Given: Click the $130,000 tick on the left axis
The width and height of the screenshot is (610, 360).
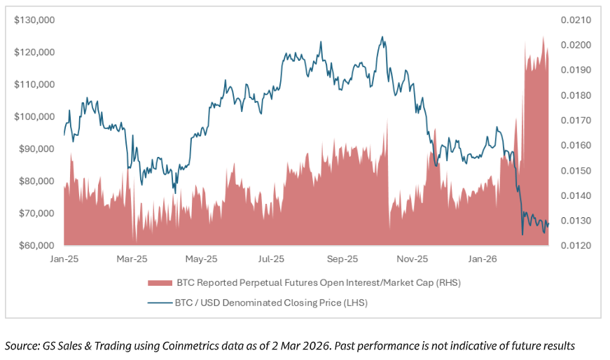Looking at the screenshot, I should click(x=34, y=20).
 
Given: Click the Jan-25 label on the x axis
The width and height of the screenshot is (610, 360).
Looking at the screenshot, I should click(x=64, y=259).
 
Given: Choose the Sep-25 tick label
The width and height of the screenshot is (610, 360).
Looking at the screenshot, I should click(x=343, y=259).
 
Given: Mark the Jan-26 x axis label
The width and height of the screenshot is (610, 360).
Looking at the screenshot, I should click(x=482, y=259).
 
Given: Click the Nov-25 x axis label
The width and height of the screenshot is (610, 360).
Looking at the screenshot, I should click(x=413, y=259).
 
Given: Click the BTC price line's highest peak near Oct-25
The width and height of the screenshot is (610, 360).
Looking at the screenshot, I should click(x=382, y=37).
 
